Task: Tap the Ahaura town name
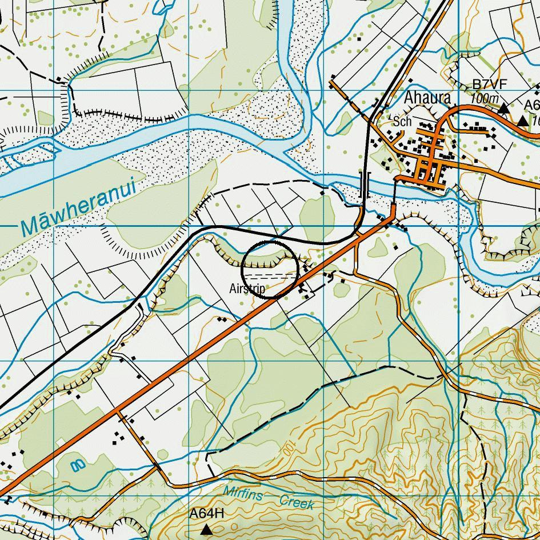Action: click(x=427, y=98)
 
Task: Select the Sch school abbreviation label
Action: click(x=402, y=122)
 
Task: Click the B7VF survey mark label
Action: click(x=489, y=85)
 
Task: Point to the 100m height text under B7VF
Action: click(x=484, y=99)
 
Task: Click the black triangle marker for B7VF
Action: click(x=503, y=108)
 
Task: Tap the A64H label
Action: click(x=206, y=514)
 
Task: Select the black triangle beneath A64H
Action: click(x=207, y=530)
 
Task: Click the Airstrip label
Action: click(x=247, y=289)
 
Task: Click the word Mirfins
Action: click(x=242, y=493)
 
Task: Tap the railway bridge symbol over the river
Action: click(x=364, y=184)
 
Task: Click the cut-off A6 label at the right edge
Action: click(x=531, y=106)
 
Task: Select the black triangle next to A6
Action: click(x=523, y=121)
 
